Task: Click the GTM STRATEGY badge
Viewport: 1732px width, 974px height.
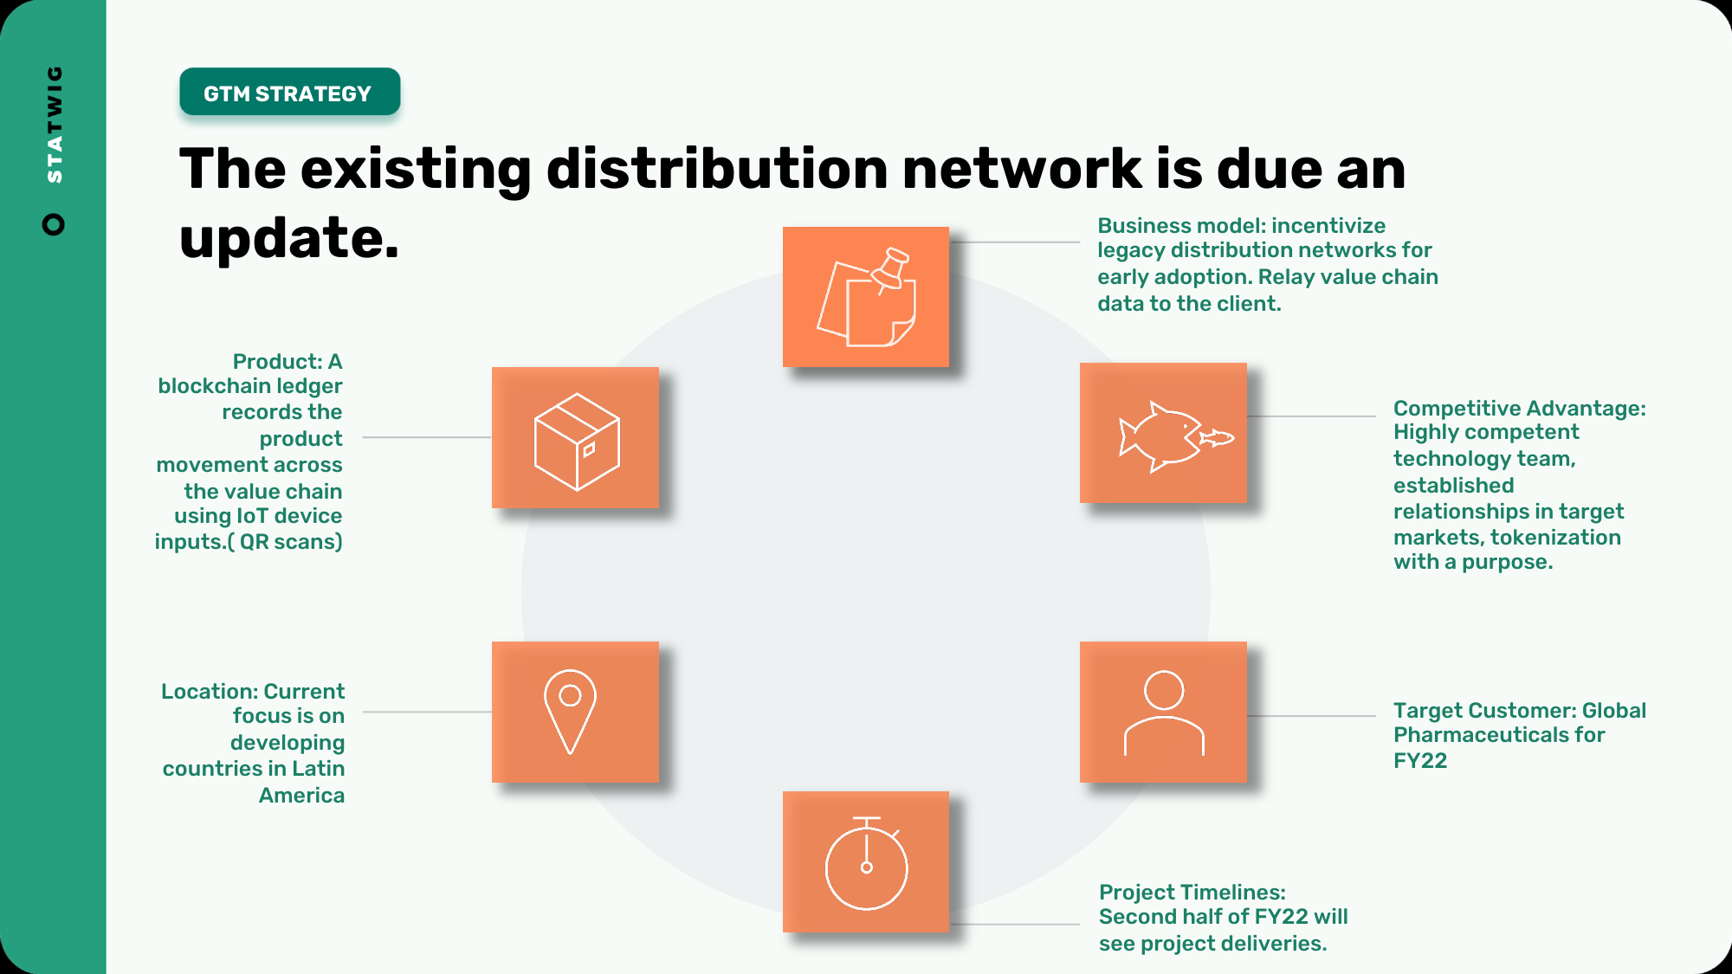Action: tap(290, 92)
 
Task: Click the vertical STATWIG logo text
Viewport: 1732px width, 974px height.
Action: tap(55, 124)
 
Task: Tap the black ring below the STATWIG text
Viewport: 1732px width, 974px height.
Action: tap(54, 224)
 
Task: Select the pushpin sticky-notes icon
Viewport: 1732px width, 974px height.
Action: tap(866, 297)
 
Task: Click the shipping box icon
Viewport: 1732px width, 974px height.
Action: tap(577, 442)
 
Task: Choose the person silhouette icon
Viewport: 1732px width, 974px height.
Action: tap(1164, 713)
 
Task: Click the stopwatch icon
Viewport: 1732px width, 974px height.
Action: tap(866, 863)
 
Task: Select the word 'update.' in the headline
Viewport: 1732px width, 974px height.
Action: tap(289, 239)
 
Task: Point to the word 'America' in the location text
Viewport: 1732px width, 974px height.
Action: tap(301, 795)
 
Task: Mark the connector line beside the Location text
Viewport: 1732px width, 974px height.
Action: tap(428, 712)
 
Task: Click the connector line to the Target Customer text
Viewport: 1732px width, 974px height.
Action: tap(1311, 716)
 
